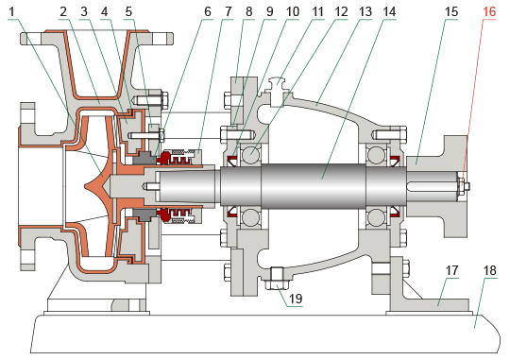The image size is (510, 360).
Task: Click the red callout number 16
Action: (489, 11)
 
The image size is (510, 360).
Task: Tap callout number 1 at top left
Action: (12, 11)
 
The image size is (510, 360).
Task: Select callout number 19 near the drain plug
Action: (296, 299)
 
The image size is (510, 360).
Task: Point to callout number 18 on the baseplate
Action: (490, 270)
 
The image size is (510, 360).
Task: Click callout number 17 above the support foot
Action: (451, 270)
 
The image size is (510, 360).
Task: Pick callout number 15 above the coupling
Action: (451, 11)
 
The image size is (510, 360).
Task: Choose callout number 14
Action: (389, 11)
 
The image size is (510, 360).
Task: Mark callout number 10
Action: (293, 11)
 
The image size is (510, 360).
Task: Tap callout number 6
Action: (208, 11)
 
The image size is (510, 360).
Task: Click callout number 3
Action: (84, 11)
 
